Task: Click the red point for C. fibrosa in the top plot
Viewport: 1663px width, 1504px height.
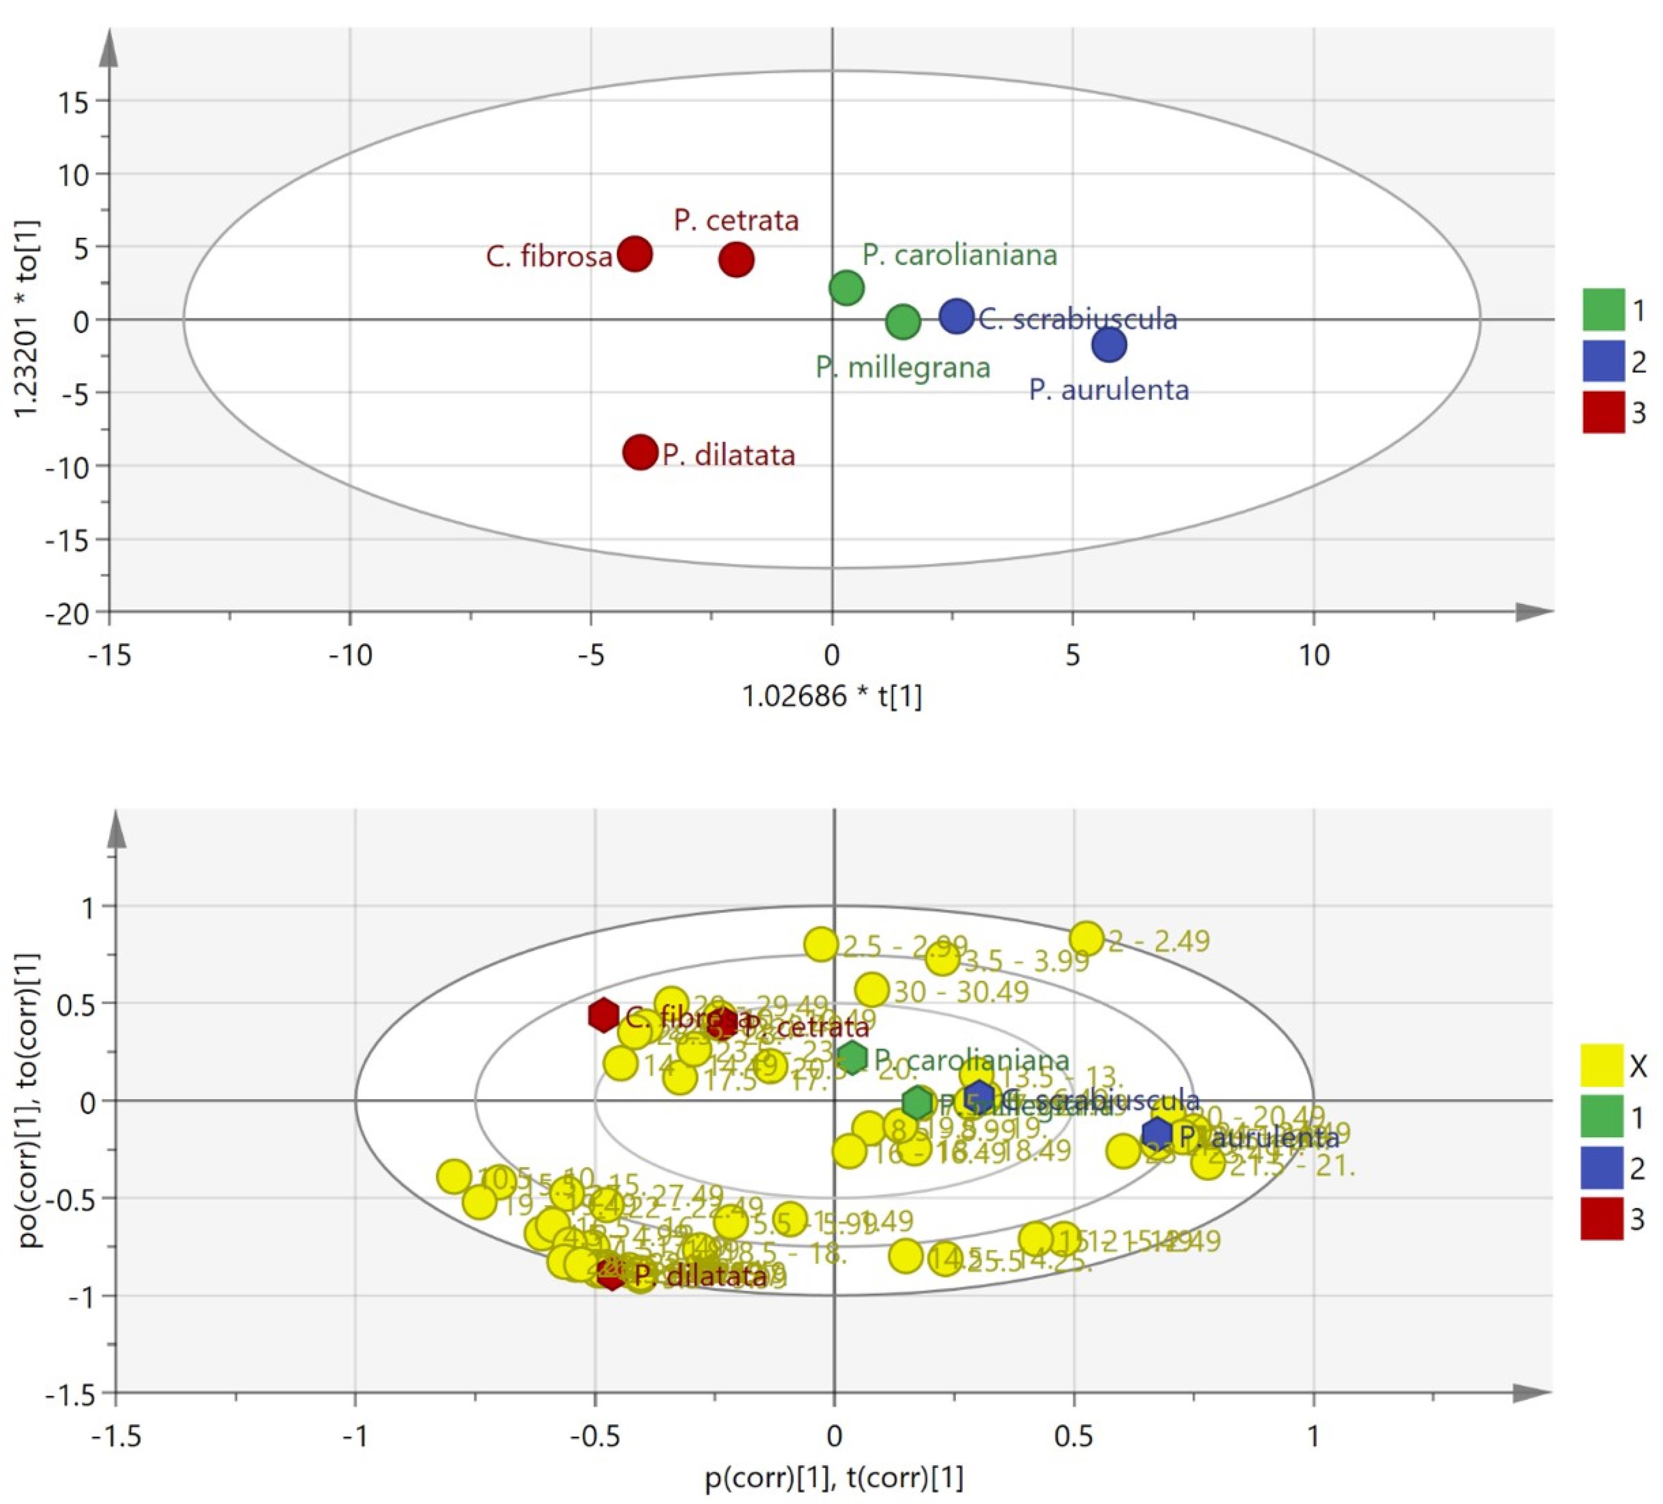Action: (634, 254)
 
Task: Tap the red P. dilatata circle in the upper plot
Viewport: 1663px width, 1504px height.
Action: (640, 452)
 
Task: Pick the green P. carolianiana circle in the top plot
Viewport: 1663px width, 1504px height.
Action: (846, 288)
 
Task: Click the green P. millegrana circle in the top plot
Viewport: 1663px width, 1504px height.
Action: (903, 321)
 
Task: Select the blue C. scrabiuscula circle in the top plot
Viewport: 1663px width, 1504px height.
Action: (957, 316)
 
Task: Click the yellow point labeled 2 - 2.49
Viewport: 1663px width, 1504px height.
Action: (1087, 938)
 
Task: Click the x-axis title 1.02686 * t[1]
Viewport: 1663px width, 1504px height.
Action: (831, 697)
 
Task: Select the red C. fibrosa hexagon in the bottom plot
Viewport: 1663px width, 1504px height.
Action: (604, 1015)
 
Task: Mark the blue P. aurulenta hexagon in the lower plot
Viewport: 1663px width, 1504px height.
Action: (1157, 1132)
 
